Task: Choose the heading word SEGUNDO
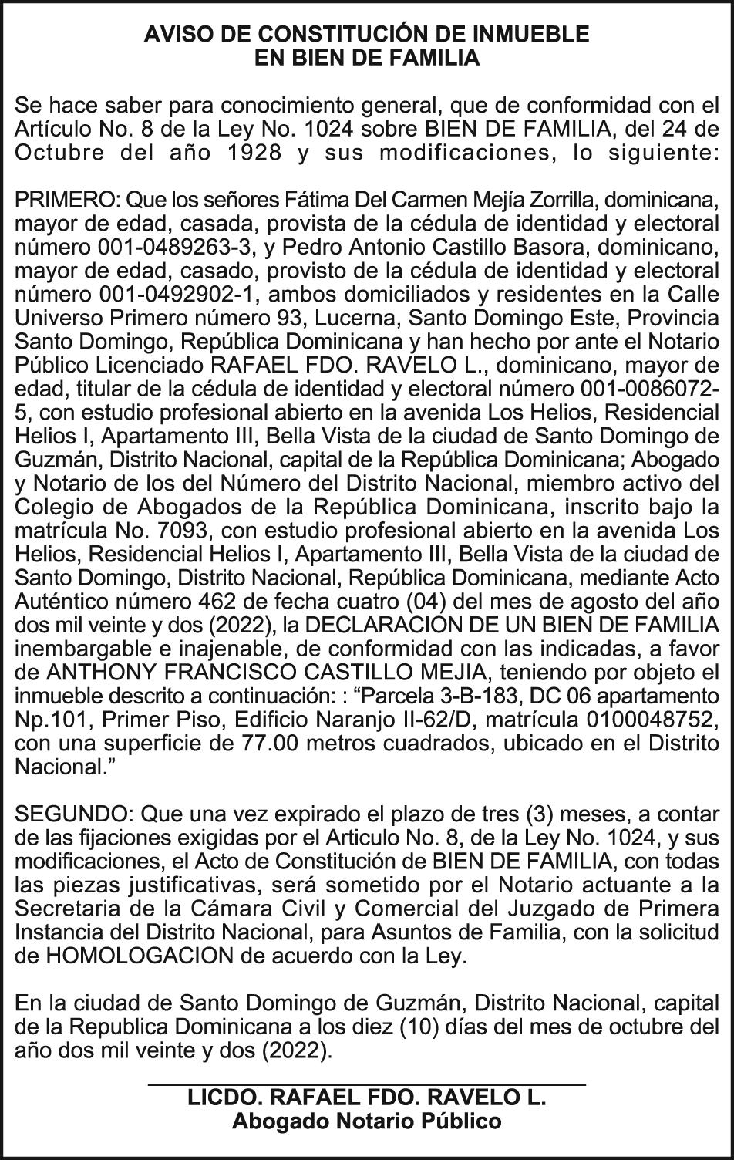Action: tap(72, 815)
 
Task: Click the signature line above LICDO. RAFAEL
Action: tap(367, 1085)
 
